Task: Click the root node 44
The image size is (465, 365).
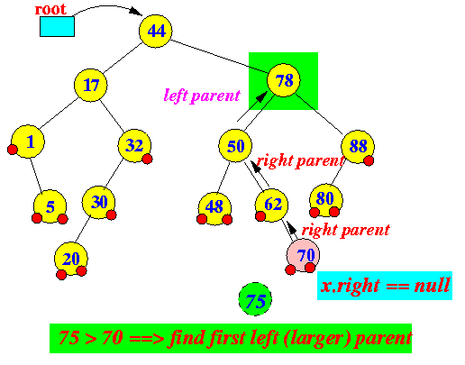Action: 156,31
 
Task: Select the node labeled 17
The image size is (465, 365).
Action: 91,85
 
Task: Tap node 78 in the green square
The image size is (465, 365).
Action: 284,80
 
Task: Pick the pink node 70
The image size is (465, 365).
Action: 303,255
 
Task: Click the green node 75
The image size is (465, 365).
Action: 255,299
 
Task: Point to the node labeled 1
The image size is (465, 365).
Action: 28,141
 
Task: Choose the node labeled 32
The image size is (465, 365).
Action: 134,146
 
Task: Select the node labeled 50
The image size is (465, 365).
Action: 235,146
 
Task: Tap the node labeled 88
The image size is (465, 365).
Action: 358,147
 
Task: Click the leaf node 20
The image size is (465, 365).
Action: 71,259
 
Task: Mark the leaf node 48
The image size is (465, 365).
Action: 214,208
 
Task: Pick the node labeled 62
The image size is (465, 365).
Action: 271,205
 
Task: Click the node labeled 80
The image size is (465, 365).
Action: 326,200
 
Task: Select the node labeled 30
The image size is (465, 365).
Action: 98,203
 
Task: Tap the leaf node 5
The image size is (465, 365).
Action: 50,206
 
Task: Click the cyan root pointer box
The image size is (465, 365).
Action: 57,26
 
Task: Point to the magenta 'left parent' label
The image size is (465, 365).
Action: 202,96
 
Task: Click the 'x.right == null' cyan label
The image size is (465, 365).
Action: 385,286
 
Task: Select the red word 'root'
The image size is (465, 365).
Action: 50,9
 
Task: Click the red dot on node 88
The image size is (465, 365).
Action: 369,160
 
